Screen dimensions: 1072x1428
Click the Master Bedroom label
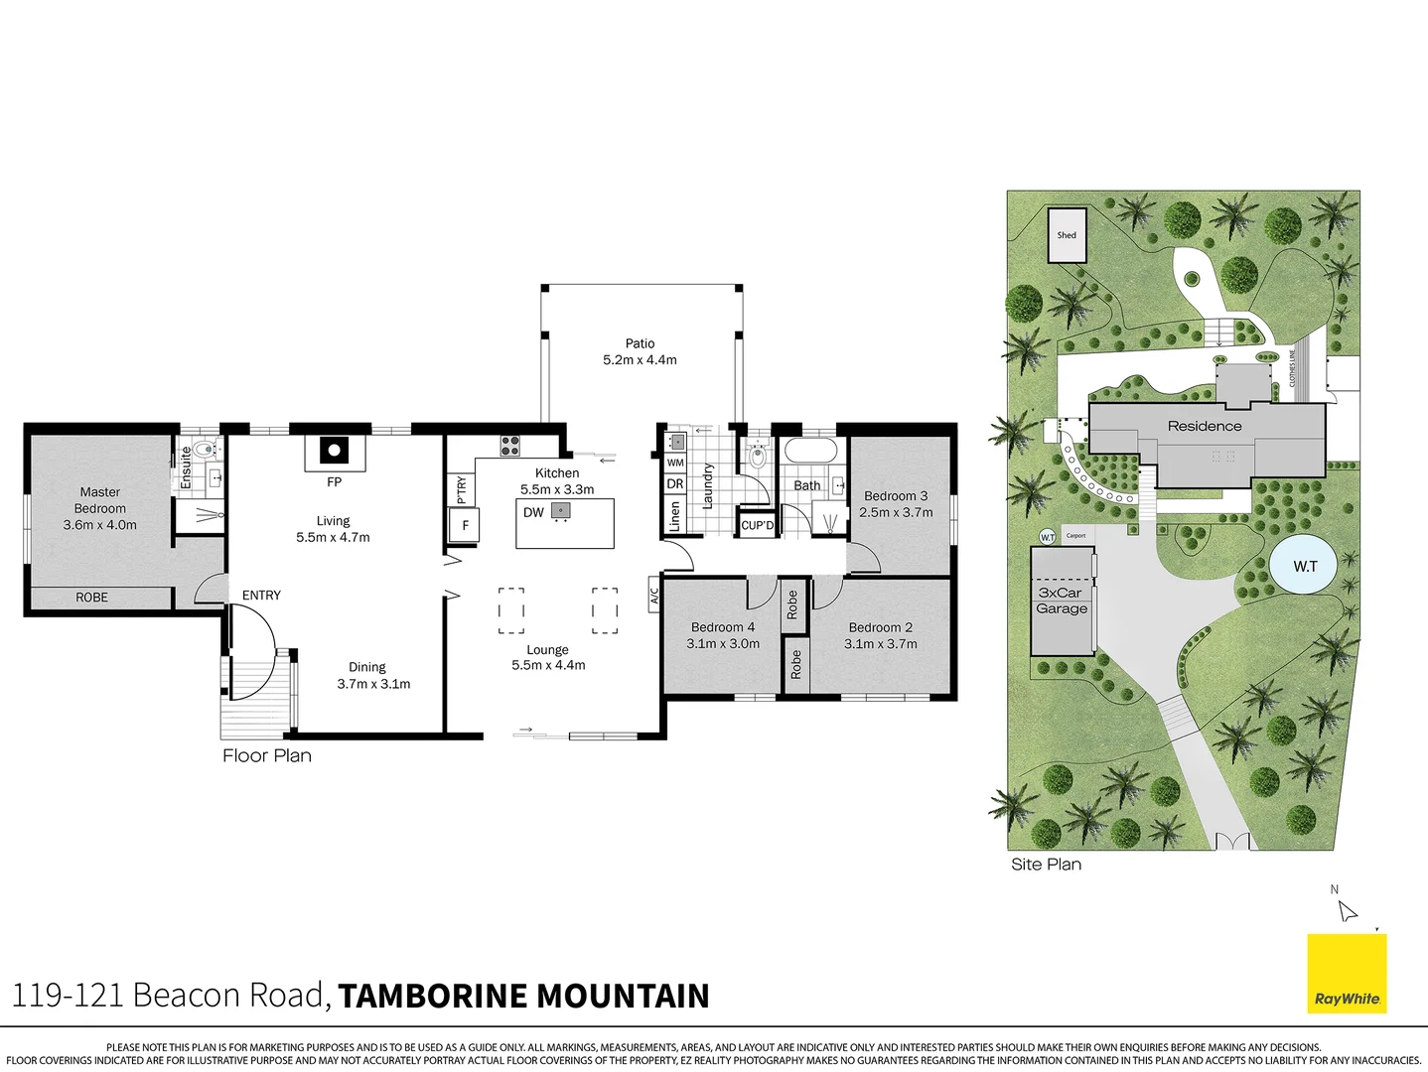pyautogui.click(x=99, y=500)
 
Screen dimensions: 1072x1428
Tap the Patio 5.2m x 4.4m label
pyautogui.click(x=640, y=352)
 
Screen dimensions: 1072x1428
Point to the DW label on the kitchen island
pyautogui.click(x=533, y=513)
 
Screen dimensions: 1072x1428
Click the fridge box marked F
pyautogui.click(x=465, y=525)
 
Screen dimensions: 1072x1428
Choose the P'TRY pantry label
pyautogui.click(x=462, y=489)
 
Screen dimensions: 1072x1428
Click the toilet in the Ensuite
pyautogui.click(x=206, y=450)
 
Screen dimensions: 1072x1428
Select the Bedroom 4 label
pyautogui.click(x=723, y=627)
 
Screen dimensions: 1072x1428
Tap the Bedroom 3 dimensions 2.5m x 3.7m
pyautogui.click(x=896, y=513)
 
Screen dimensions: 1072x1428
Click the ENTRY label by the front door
pyautogui.click(x=261, y=596)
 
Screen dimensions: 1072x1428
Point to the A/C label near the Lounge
pyautogui.click(x=654, y=596)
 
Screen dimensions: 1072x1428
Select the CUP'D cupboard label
pyautogui.click(x=758, y=525)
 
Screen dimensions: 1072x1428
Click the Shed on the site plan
pyautogui.click(x=1067, y=235)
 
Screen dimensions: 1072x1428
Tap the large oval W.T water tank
pyautogui.click(x=1305, y=566)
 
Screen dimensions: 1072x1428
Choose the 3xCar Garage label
pyautogui.click(x=1062, y=601)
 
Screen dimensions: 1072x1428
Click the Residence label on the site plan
pyautogui.click(x=1205, y=426)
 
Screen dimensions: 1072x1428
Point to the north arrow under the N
pyautogui.click(x=1347, y=911)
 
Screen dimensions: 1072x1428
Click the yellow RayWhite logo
pyautogui.click(x=1347, y=974)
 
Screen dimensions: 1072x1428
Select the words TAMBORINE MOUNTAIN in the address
pyautogui.click(x=523, y=996)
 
